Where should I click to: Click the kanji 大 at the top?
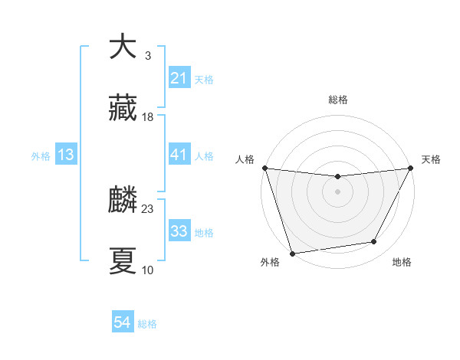123,47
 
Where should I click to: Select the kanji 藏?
123,110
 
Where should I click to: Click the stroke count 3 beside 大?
147,55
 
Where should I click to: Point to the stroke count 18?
148,117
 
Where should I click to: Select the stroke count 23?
148,208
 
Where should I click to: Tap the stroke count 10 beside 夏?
148,270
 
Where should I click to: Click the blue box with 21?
179,78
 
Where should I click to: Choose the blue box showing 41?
179,155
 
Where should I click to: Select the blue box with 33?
179,231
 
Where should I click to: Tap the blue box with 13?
66,155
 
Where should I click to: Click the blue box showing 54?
122,323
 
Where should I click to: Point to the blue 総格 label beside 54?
147,324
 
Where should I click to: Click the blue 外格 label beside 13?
41,155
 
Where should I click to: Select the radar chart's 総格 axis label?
337,100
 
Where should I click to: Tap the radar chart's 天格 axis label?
431,159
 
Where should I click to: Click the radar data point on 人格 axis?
264,168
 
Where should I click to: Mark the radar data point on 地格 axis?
374,242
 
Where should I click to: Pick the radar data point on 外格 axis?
292,253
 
